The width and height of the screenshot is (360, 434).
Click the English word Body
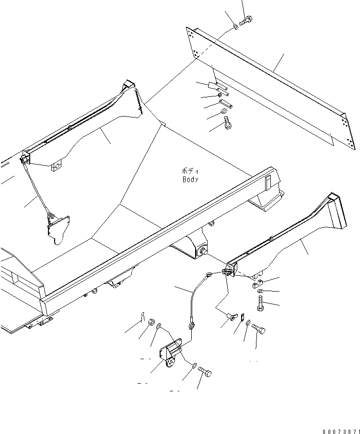coord(190,179)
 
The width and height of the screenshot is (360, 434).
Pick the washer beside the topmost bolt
coord(236,26)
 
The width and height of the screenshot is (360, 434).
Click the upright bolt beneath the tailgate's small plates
coord(227,124)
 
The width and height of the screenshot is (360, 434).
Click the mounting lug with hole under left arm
coord(57,167)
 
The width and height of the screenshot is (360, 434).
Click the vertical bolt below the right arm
coord(260,303)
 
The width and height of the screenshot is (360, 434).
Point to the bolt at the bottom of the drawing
coord(205,373)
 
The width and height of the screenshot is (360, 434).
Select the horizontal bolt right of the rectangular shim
coord(258,329)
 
